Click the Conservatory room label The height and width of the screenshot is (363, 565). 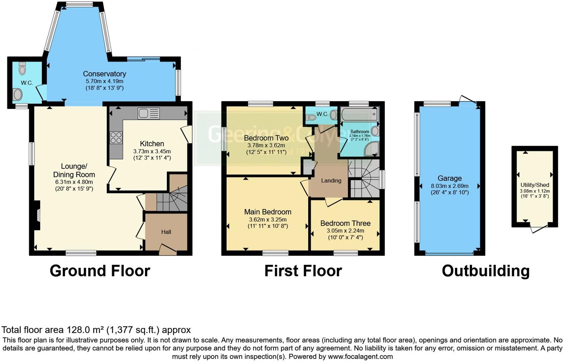[x=104, y=74]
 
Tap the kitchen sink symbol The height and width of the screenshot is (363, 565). [x=148, y=113]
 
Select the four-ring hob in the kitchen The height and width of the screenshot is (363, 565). [x=116, y=138]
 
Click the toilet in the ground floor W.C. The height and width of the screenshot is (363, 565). [x=22, y=68]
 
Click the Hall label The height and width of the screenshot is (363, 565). [x=166, y=232]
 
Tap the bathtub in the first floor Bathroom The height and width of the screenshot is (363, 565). [x=359, y=114]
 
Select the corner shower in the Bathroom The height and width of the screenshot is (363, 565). [x=371, y=149]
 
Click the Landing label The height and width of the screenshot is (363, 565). [x=331, y=180]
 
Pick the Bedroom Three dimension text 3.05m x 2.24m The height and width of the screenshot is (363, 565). [x=345, y=231]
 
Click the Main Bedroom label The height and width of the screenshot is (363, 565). [x=268, y=212]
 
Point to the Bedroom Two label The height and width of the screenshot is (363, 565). [x=266, y=138]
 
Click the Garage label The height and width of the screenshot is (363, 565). [x=449, y=178]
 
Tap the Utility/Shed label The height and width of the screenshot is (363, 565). [x=535, y=185]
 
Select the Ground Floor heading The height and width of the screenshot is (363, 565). [x=100, y=271]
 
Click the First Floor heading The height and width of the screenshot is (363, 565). [x=303, y=271]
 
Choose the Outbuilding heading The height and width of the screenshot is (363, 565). [x=485, y=271]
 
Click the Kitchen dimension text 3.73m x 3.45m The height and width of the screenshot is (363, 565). [x=152, y=151]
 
